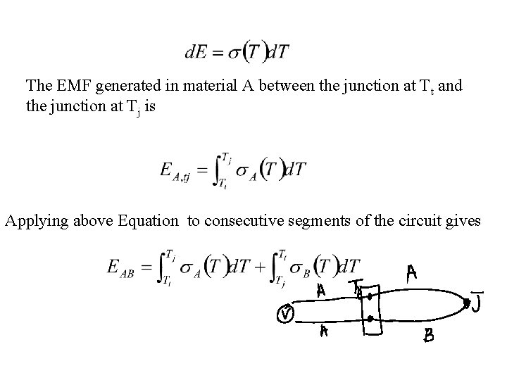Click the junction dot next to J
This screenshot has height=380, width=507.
[x=466, y=303]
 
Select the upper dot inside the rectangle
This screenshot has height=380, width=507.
[x=368, y=296]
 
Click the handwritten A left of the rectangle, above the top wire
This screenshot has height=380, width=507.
[x=320, y=289]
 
